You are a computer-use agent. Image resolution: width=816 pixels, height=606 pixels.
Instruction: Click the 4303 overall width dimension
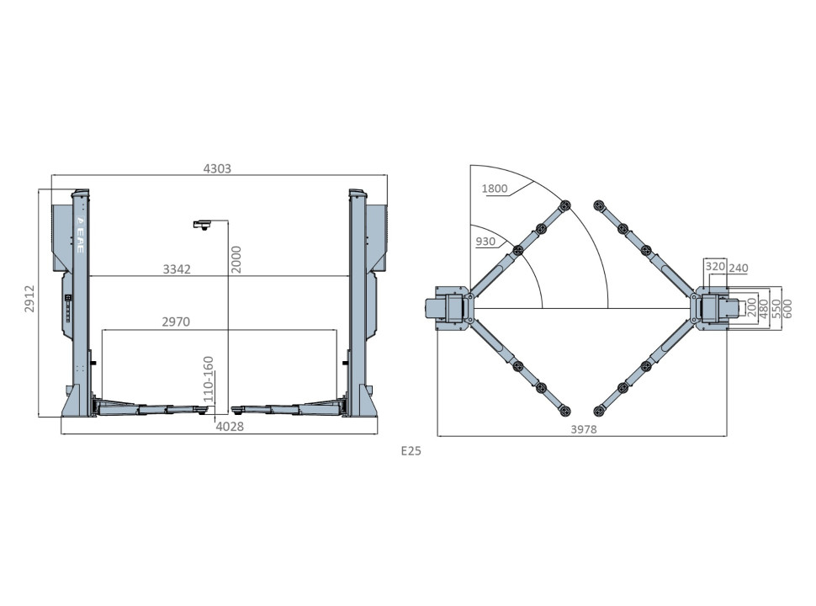coord(217,168)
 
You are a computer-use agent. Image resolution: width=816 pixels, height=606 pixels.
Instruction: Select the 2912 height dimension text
coord(29,298)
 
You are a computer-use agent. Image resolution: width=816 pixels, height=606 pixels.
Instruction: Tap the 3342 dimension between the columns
coord(177,269)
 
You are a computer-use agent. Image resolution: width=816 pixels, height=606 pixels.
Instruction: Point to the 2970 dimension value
coord(176,322)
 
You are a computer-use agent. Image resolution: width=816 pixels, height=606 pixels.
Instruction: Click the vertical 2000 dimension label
coord(236,260)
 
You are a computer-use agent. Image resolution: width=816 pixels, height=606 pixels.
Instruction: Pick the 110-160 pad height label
coord(208,379)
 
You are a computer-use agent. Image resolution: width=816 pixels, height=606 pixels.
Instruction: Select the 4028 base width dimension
coord(230,427)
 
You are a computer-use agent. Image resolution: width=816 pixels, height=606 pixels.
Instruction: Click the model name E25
coord(411,451)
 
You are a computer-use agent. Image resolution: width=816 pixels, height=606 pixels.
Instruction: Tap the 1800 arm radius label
coord(495,189)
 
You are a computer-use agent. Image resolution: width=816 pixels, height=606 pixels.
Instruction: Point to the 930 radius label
coord(485,242)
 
